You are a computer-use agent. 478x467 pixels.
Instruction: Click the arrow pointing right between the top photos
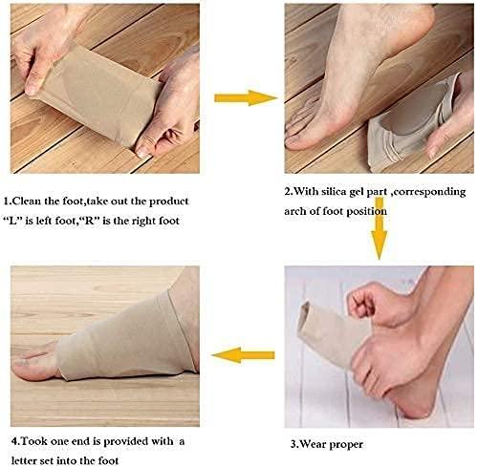point(246,97)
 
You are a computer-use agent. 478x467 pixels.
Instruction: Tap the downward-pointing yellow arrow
point(380,228)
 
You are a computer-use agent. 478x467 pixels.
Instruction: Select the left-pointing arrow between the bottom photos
point(243,355)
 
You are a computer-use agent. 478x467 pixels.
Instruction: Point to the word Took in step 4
point(33,441)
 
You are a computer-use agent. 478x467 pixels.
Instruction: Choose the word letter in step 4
point(23,460)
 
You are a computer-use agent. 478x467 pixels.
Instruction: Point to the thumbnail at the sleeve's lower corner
point(142,151)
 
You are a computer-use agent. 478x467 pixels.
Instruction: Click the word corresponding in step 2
point(429,192)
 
